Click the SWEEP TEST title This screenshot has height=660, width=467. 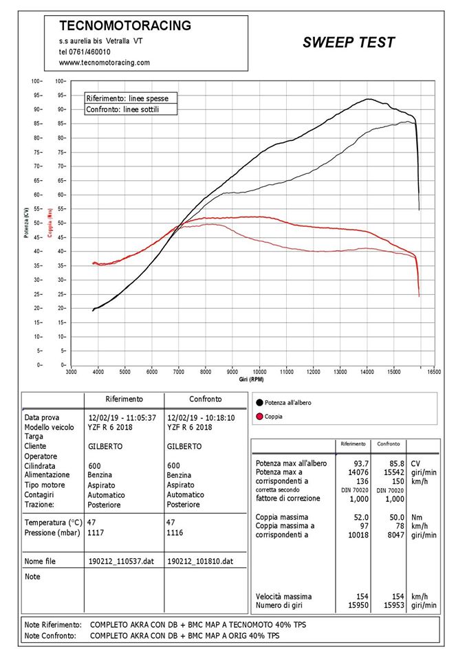(349, 42)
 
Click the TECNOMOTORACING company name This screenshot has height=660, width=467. (125, 25)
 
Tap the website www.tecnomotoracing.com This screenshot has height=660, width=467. (105, 63)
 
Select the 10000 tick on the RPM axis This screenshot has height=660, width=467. (259, 372)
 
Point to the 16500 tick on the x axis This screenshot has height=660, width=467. (434, 372)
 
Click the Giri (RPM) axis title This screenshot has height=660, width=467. (252, 379)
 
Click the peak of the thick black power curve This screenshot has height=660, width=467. (369, 99)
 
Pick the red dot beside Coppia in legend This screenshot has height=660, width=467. (259, 417)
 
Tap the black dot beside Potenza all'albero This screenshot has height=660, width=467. (259, 403)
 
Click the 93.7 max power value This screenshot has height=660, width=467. (361, 463)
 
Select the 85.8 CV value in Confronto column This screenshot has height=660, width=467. (397, 463)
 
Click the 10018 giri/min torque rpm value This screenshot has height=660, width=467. (358, 535)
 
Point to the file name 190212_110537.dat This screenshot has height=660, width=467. (121, 561)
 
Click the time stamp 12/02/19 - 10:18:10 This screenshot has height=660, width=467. (202, 418)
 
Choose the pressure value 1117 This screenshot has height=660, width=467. (96, 533)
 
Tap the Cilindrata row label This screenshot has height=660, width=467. (40, 466)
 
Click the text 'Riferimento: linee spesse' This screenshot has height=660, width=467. (127, 98)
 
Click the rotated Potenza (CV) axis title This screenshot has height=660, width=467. (27, 223)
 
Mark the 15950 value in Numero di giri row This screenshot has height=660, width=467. (358, 605)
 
